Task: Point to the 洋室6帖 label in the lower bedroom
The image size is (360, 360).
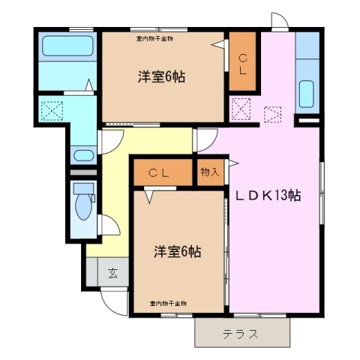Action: (178, 250)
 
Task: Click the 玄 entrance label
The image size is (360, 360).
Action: (112, 272)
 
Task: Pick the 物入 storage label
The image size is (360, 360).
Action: (209, 172)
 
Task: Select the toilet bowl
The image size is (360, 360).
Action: (82, 197)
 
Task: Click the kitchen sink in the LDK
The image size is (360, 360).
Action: (307, 94)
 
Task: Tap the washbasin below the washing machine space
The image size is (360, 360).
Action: (82, 156)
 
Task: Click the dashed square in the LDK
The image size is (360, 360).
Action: (273, 115)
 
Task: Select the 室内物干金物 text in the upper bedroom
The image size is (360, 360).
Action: (154, 37)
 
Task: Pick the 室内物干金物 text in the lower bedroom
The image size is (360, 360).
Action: (168, 303)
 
